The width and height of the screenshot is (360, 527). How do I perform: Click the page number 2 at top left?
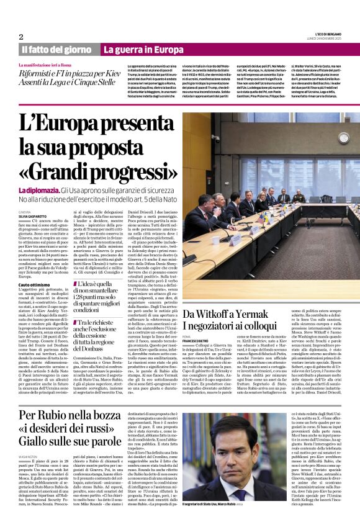(21, 37)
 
